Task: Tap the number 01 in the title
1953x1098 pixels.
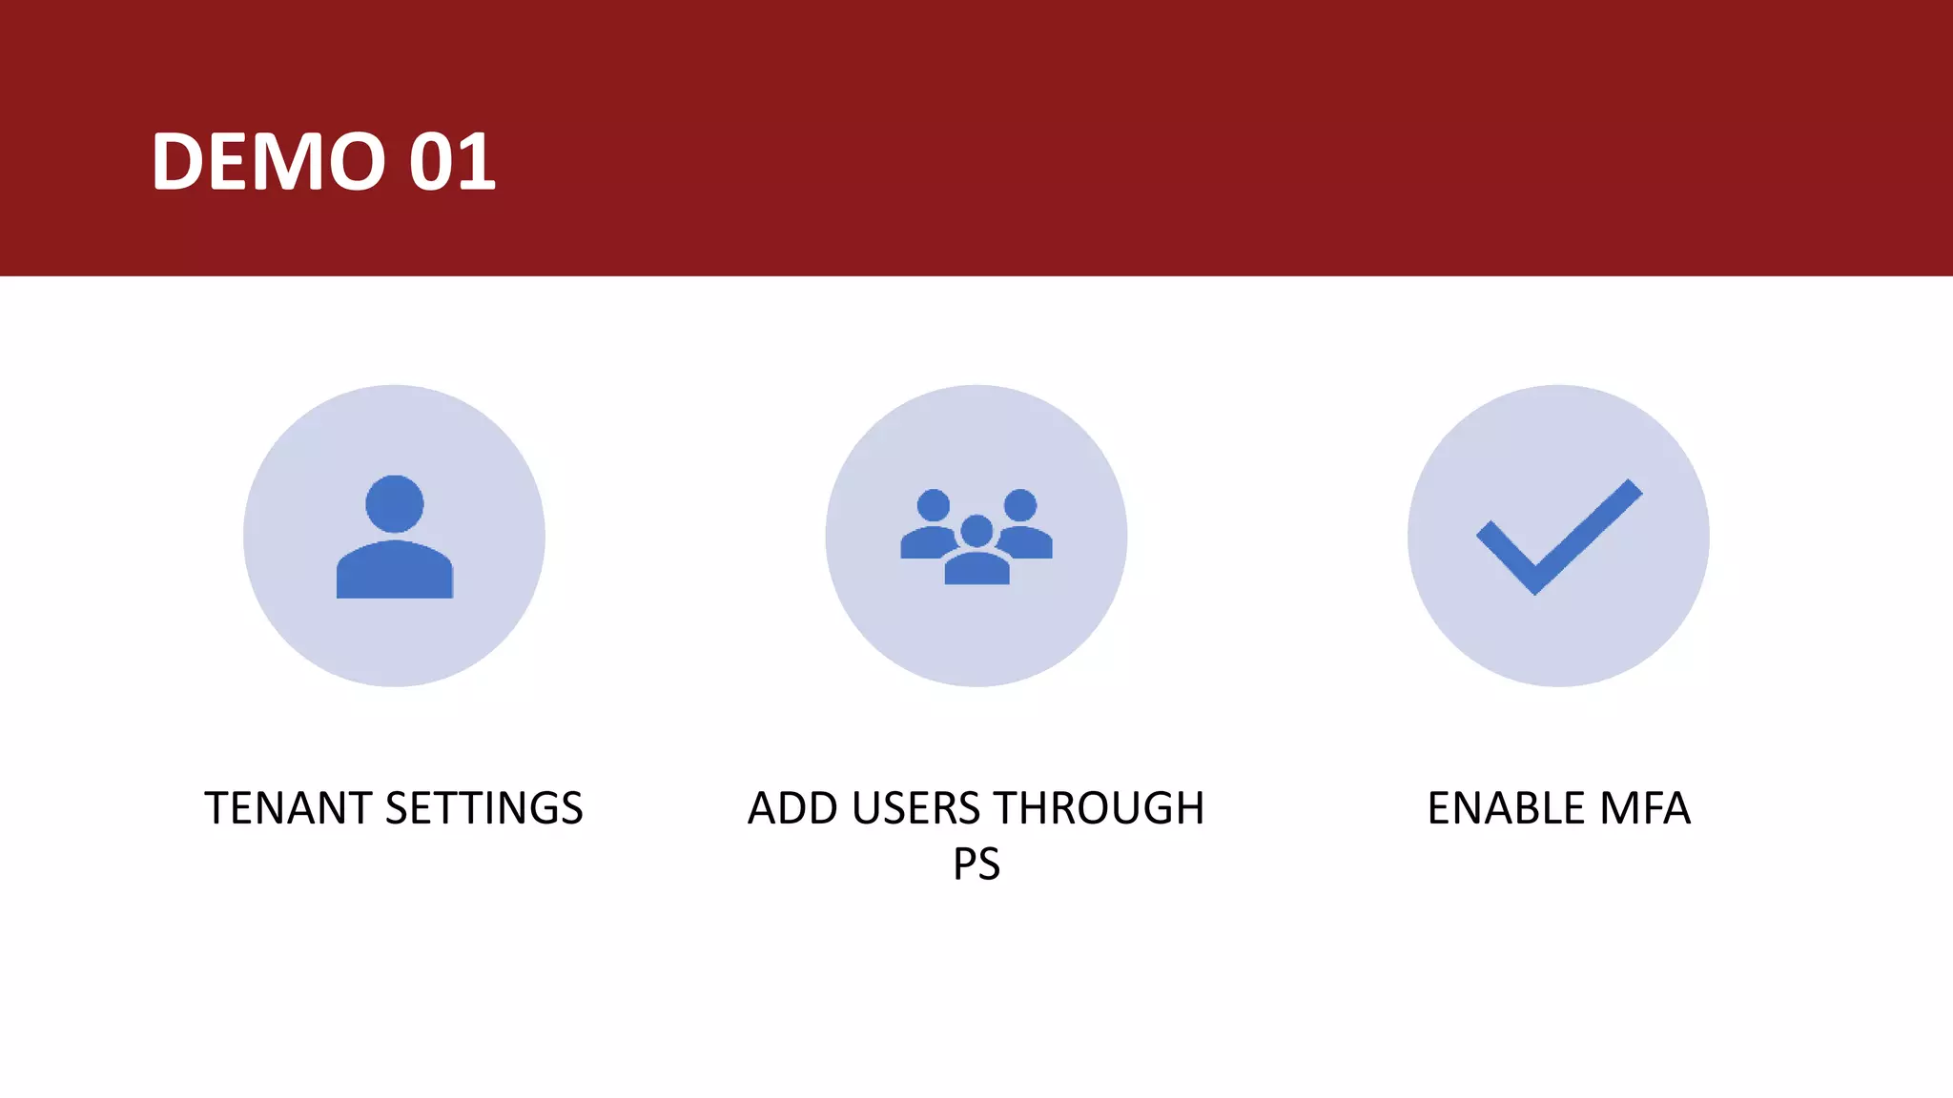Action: [452, 161]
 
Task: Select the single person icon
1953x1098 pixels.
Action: [394, 536]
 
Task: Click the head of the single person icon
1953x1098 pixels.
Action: [394, 503]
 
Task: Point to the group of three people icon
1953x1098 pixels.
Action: [976, 536]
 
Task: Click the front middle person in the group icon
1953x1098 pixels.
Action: [976, 553]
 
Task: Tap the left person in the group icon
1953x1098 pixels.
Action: [932, 524]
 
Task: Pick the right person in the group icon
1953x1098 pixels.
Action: [1022, 524]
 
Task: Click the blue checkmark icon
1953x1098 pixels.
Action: [1558, 536]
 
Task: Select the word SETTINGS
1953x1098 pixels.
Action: [483, 808]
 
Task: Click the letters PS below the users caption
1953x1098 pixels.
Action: [976, 864]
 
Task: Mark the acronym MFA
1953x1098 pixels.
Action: [1644, 808]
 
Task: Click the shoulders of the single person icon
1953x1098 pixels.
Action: [394, 571]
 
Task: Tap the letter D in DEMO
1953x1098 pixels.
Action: [178, 161]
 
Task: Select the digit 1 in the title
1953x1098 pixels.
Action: [477, 161]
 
